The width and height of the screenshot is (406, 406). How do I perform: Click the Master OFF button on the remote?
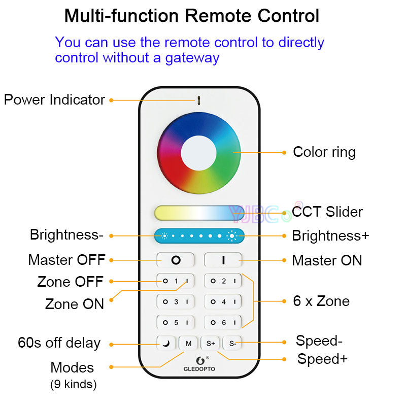pyautogui.click(x=175, y=260)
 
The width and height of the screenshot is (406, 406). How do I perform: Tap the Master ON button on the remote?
pyautogui.click(x=223, y=260)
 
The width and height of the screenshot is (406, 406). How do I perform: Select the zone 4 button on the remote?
pyautogui.click(x=223, y=301)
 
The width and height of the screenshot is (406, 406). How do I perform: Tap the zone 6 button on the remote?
pyautogui.click(x=223, y=322)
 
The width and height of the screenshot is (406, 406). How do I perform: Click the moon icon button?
pyautogui.click(x=166, y=344)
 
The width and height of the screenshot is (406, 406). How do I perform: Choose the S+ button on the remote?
pyautogui.click(x=211, y=344)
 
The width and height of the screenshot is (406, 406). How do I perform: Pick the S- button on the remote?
pyautogui.click(x=232, y=344)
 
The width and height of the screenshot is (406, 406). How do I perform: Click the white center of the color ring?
pyautogui.click(x=199, y=152)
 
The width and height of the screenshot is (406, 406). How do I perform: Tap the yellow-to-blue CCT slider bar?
pyautogui.click(x=199, y=213)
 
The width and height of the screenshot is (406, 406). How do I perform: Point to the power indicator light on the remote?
pyautogui.click(x=199, y=99)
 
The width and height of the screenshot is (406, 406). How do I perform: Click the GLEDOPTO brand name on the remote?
pyautogui.click(x=199, y=368)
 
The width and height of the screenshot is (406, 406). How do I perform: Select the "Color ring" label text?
pyautogui.click(x=324, y=152)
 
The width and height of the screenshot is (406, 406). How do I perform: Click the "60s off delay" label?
pyautogui.click(x=59, y=343)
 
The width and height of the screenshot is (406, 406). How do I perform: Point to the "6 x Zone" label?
pyautogui.click(x=321, y=301)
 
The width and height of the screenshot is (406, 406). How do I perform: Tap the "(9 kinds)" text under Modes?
pyautogui.click(x=73, y=384)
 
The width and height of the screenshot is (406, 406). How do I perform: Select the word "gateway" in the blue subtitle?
pyautogui.click(x=192, y=57)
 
